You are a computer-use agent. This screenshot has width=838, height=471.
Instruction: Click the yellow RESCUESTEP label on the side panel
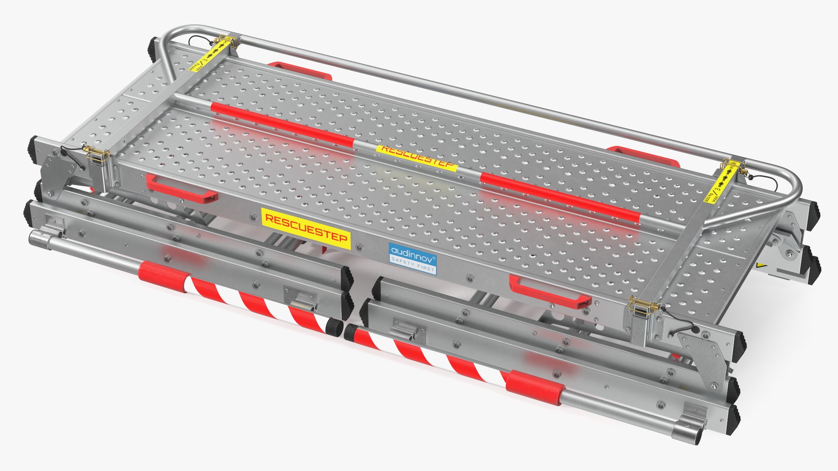tap(306, 229)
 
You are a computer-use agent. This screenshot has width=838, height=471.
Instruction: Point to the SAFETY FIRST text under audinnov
tap(413, 265)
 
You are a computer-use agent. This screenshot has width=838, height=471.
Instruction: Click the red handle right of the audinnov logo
tap(550, 292)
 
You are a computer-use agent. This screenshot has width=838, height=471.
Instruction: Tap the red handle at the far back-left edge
tap(301, 70)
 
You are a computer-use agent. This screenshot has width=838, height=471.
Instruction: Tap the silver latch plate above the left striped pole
tap(301, 297)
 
